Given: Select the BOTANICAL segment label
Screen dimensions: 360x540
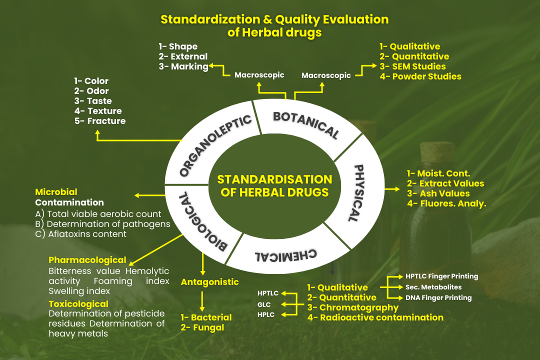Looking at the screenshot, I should pyautogui.click(x=305, y=124).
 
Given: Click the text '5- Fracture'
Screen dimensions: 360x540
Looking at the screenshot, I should pyautogui.click(x=99, y=121).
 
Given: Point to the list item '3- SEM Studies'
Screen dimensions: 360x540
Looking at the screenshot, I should pyautogui.click(x=412, y=66).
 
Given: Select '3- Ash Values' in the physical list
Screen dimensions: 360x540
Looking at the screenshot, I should pyautogui.click(x=438, y=193).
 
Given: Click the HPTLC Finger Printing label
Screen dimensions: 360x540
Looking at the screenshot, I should pyautogui.click(x=441, y=276).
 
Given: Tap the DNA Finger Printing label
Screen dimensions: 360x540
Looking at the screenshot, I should pyautogui.click(x=438, y=297).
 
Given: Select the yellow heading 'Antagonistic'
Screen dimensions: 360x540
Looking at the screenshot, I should pyautogui.click(x=209, y=282).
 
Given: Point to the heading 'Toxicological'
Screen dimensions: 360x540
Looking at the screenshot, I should pyautogui.click(x=78, y=304).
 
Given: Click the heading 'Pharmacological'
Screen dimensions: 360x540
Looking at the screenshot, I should pyautogui.click(x=87, y=260).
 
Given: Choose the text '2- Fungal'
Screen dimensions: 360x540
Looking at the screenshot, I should pyautogui.click(x=202, y=327).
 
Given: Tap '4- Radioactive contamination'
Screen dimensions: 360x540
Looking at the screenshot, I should pyautogui.click(x=375, y=317).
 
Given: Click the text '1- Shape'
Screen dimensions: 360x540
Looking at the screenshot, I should pyautogui.click(x=178, y=46).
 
